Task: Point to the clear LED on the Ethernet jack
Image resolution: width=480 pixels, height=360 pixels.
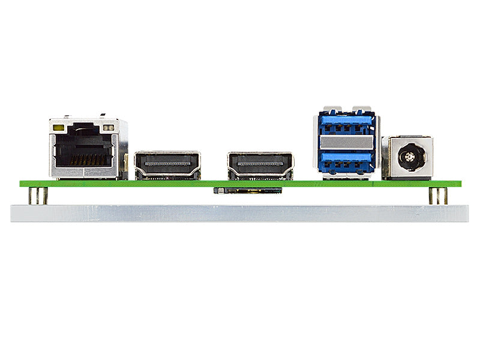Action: pyautogui.click(x=109, y=127)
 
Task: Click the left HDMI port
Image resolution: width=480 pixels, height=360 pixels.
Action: pyautogui.click(x=167, y=165)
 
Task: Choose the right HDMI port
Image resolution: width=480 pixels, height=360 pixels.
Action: pyautogui.click(x=260, y=165)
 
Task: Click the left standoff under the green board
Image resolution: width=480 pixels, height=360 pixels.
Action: pyautogui.click(x=38, y=196)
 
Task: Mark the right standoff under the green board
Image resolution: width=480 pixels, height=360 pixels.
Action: pyautogui.click(x=437, y=196)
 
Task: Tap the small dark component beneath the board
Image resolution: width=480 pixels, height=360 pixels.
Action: pyautogui.click(x=248, y=191)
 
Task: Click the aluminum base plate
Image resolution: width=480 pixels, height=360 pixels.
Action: pyautogui.click(x=240, y=213)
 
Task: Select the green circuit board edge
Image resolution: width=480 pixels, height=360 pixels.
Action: pyautogui.click(x=240, y=183)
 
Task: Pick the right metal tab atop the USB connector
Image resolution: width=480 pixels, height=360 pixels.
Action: pyautogui.click(x=362, y=110)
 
